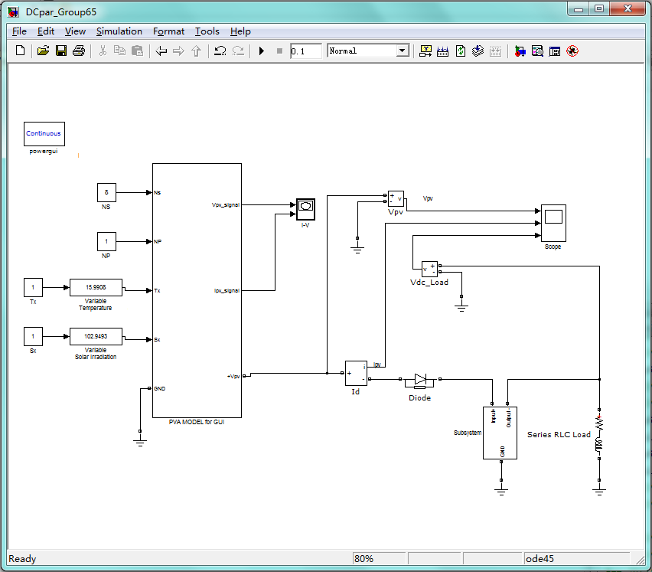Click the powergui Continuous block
click(44, 133)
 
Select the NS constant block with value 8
click(106, 192)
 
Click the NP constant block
click(106, 241)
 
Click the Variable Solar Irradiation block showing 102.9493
click(96, 337)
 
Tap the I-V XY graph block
click(305, 206)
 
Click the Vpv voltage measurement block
click(395, 198)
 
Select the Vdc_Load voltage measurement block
click(429, 268)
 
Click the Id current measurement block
click(356, 373)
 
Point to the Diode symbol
click(419, 379)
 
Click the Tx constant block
click(33, 289)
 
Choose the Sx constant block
click(33, 337)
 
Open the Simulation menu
click(119, 31)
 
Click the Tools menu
click(207, 31)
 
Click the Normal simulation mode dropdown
click(368, 51)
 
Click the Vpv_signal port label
click(225, 204)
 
